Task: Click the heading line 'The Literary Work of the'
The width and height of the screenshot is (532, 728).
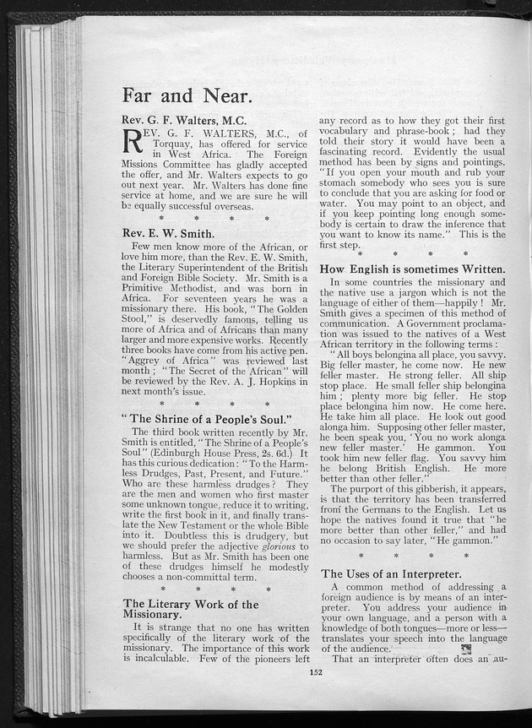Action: click(x=190, y=604)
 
